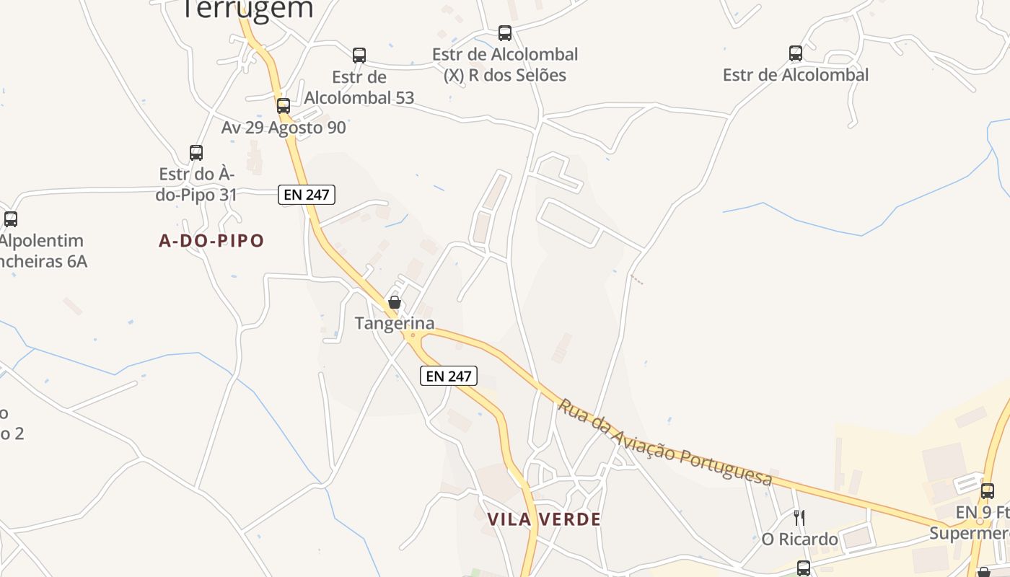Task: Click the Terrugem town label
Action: [x=247, y=9]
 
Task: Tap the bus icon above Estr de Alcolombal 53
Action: [x=359, y=55]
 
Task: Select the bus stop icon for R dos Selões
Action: [x=505, y=32]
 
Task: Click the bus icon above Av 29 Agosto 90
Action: [x=284, y=105]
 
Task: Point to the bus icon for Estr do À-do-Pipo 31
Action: [x=196, y=152]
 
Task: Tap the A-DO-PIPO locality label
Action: [x=211, y=241]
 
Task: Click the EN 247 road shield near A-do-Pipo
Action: [x=307, y=194]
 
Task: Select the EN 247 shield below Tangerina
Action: [x=449, y=376]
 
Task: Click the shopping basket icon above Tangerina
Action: [x=395, y=302]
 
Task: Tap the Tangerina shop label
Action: [x=395, y=323]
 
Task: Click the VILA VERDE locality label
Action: [x=544, y=519]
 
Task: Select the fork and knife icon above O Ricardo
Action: [x=799, y=517]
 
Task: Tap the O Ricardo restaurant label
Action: [x=799, y=539]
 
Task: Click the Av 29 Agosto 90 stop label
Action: [x=284, y=128]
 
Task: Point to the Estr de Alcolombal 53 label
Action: [x=359, y=87]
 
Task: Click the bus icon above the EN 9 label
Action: [x=987, y=491]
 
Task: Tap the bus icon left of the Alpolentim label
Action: [x=11, y=219]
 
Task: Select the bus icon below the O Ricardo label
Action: [x=803, y=567]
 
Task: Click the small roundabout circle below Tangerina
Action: [x=413, y=335]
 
